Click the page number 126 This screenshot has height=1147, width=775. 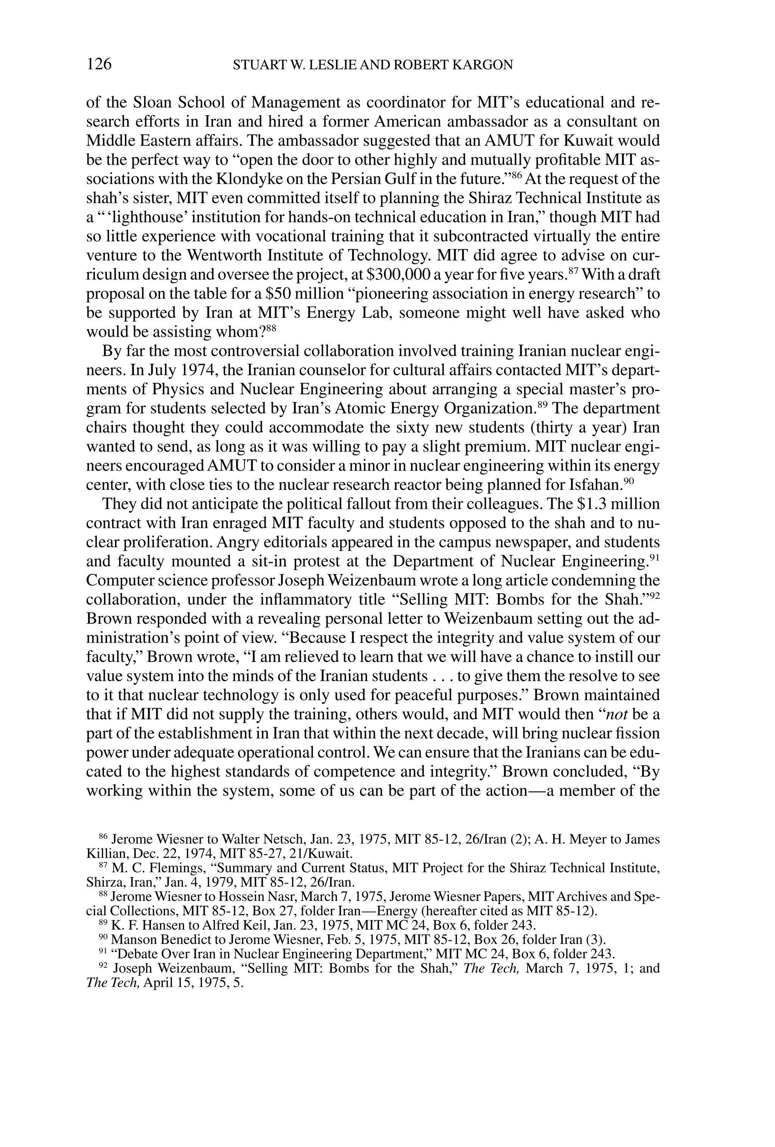(x=99, y=64)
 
